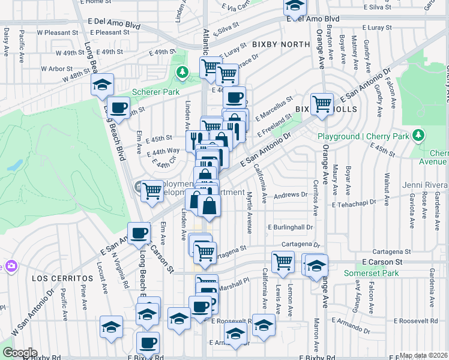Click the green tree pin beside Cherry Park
click(420, 136)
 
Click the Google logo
click(19, 353)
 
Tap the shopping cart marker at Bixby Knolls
click(322, 103)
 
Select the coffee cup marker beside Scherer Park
click(119, 107)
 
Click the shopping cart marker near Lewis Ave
click(282, 261)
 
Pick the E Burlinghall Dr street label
click(290, 228)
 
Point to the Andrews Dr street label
click(290, 195)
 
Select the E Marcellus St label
click(274, 107)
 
